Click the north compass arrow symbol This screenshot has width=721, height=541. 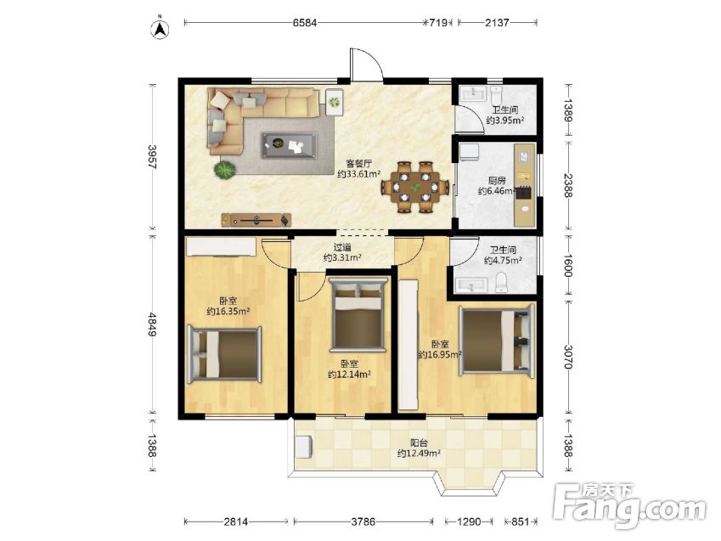pyautogui.click(x=161, y=28)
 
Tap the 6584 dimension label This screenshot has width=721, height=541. pyautogui.click(x=305, y=22)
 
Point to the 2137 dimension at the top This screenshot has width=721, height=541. pyautogui.click(x=497, y=22)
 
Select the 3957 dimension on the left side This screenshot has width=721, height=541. pyautogui.click(x=152, y=157)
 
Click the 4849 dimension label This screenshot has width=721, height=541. pyautogui.click(x=152, y=324)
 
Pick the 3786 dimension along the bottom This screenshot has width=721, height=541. pyautogui.click(x=363, y=521)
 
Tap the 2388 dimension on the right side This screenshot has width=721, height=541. pyautogui.click(x=568, y=185)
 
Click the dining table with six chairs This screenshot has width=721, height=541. pyautogui.click(x=415, y=187)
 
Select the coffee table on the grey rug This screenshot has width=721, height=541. pyautogui.click(x=290, y=146)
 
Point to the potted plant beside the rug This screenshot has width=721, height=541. pyautogui.click(x=225, y=169)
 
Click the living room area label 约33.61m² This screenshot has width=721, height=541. pyautogui.click(x=358, y=174)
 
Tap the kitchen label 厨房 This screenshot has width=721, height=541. pyautogui.click(x=497, y=180)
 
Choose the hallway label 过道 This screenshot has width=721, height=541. pyautogui.click(x=342, y=247)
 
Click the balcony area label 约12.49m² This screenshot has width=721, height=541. pyautogui.click(x=419, y=454)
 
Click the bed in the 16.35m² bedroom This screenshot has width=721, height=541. pyautogui.click(x=224, y=354)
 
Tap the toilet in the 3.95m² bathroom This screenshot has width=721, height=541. pyautogui.click(x=497, y=95)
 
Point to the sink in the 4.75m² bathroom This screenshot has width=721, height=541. pyautogui.click(x=470, y=285)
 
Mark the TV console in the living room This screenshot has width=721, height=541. pyautogui.click(x=256, y=220)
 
